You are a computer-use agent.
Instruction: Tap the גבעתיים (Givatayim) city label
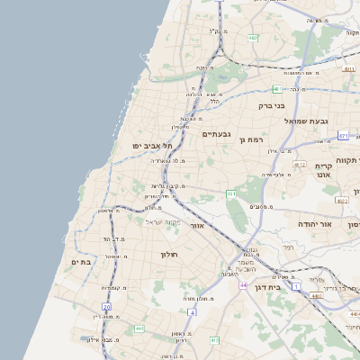[217, 135]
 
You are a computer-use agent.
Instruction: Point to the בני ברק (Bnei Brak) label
[271, 105]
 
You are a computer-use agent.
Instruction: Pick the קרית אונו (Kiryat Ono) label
[325, 170]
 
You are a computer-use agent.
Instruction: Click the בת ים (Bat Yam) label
[81, 262]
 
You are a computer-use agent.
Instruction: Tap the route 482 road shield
[254, 38]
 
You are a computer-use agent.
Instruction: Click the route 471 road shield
[343, 135]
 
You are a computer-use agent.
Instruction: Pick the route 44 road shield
[244, 284]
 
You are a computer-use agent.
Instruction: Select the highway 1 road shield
[294, 286]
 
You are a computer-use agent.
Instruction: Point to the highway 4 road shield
[192, 311]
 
